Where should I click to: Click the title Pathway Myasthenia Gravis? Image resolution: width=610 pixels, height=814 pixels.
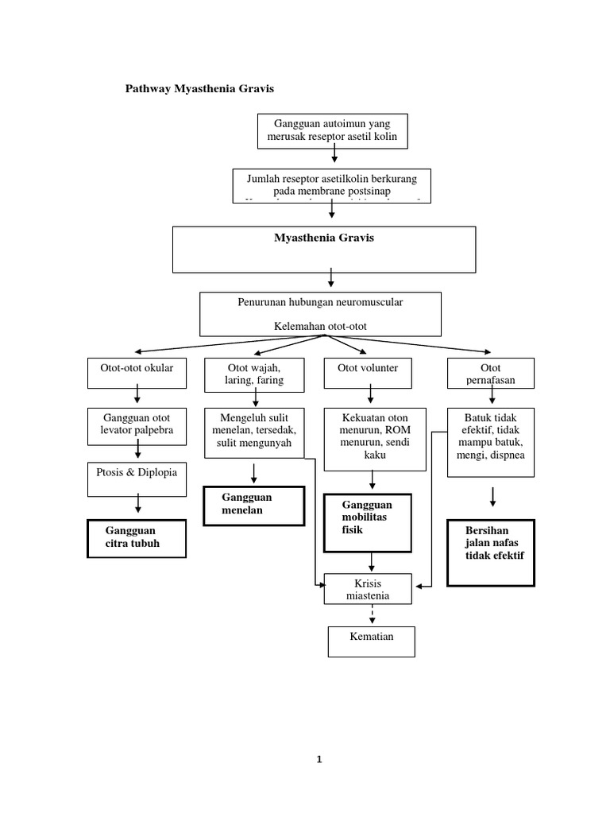point(199,89)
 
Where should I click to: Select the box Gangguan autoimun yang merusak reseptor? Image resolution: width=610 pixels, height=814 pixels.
point(334,130)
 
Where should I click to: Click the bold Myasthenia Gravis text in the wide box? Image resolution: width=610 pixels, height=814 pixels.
point(323,238)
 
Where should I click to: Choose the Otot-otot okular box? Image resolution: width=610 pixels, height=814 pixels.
point(137,367)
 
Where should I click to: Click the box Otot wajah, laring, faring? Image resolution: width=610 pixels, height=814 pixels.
point(254,374)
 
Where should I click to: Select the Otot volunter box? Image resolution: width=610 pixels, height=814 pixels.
point(368,367)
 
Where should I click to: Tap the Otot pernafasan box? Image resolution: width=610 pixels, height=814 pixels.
point(490,373)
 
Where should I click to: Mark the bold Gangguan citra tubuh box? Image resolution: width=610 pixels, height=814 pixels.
point(136,538)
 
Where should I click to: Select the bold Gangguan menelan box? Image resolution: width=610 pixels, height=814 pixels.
point(254,504)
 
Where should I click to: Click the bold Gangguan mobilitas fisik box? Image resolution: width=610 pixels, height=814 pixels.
point(368,522)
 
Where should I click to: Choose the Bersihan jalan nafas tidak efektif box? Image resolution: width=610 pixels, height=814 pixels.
point(490,552)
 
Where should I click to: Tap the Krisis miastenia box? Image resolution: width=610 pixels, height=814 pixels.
point(369,590)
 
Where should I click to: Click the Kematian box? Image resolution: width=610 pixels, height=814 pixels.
point(371,642)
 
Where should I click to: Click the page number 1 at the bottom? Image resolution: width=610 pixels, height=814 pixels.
point(319,759)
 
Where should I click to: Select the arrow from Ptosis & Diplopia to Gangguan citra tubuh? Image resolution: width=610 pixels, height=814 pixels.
point(137,503)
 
